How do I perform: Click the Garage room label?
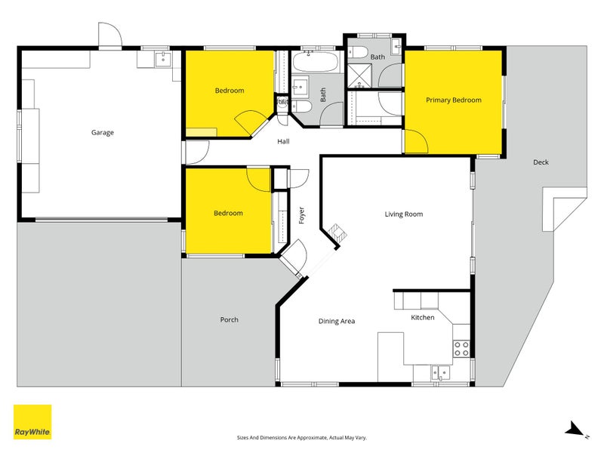coord(103,133)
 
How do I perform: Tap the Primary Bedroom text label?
coord(453,100)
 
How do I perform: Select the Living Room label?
coord(403,214)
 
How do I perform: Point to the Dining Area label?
coord(336,321)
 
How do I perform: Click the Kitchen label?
coord(422,318)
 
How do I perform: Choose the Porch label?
coord(229,319)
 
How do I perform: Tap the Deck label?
coord(541,162)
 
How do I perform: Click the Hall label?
coord(283,141)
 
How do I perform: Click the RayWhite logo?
coord(32,422)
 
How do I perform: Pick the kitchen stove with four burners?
coord(461,348)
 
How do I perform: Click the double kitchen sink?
coord(439,371)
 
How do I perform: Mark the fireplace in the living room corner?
coord(337,235)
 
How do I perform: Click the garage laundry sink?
coord(163,59)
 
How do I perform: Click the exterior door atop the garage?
coord(109,35)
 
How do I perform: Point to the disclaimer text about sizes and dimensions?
coord(301,437)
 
